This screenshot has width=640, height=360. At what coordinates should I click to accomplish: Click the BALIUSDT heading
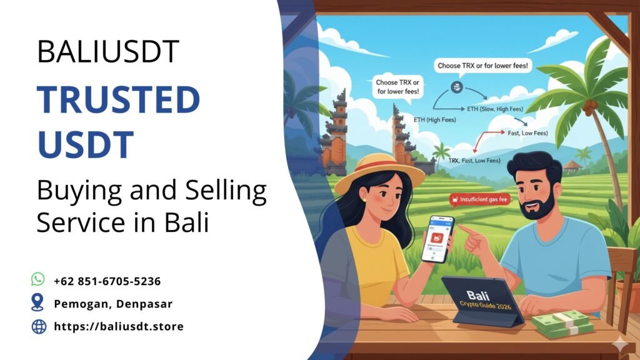[x=108, y=52]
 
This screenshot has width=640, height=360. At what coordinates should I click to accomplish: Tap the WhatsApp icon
[x=38, y=279]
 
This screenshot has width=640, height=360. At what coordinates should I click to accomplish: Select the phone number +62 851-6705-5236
[x=107, y=281]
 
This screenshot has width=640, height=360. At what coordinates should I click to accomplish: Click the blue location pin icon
[x=38, y=302]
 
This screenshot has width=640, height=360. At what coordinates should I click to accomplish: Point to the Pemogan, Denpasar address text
[x=112, y=304]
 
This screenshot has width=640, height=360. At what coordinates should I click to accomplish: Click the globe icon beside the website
[x=38, y=326]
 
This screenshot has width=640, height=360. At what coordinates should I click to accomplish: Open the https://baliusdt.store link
[x=119, y=326]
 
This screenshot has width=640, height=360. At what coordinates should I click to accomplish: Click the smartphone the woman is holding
[x=437, y=239]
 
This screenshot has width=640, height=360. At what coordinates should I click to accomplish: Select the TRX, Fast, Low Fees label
[x=474, y=161]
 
